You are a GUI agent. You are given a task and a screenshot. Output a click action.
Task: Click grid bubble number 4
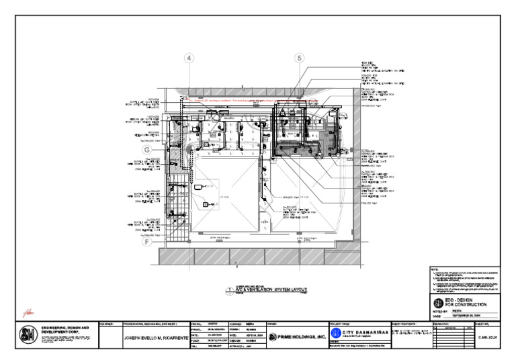190,59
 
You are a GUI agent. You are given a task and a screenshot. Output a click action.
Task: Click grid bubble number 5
299,59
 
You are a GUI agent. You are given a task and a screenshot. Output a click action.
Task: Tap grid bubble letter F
146,242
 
